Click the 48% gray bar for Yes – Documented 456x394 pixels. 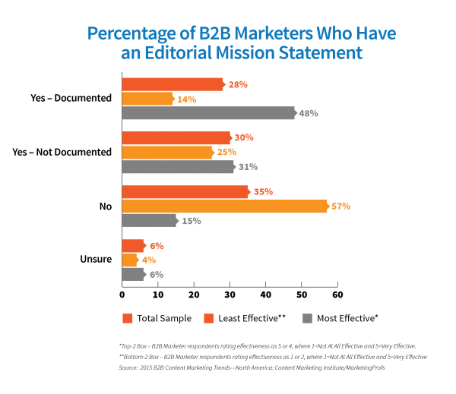[x=208, y=113]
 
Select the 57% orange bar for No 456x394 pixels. [x=224, y=206]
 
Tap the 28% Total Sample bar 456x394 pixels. [x=173, y=84]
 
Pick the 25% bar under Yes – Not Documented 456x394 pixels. [x=167, y=153]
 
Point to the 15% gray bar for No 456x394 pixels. [x=150, y=220]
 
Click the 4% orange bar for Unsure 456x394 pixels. [x=130, y=260]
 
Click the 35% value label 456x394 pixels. [x=263, y=192]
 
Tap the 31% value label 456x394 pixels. [x=249, y=167]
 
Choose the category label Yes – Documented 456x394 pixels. [x=67, y=99]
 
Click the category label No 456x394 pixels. [x=105, y=206]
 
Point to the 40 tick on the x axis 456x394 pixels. [x=265, y=294]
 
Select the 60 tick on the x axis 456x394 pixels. [x=337, y=294]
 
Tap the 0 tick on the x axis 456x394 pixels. [x=122, y=294]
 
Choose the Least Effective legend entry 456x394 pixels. [x=250, y=318]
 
